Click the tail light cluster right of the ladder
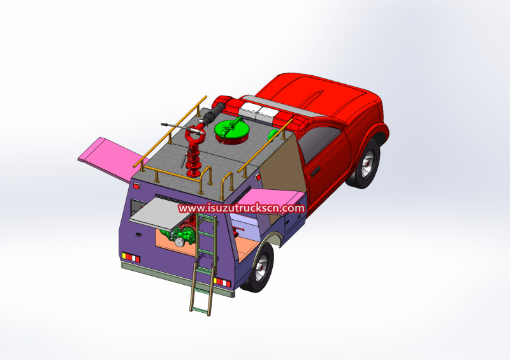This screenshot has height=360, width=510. tap(222, 282)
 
